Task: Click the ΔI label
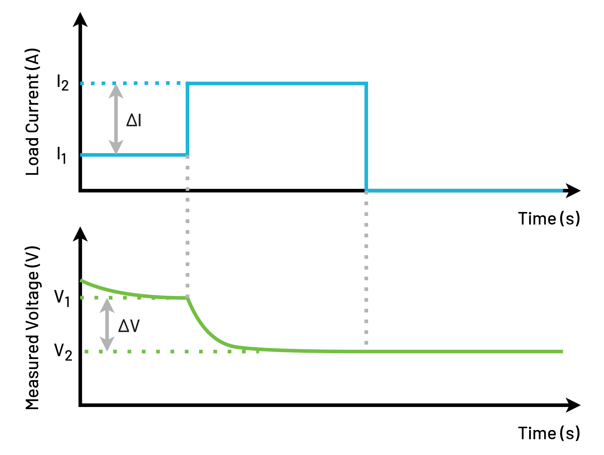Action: [133, 121]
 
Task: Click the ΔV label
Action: [129, 326]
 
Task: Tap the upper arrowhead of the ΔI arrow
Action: [116, 91]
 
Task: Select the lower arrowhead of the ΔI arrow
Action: [116, 147]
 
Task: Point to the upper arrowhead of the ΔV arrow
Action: [107, 306]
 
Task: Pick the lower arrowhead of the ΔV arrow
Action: [107, 344]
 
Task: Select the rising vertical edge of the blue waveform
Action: [188, 119]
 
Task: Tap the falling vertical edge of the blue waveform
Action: [366, 137]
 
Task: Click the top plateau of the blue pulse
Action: [277, 84]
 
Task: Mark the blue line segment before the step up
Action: [134, 155]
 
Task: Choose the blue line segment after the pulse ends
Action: [465, 191]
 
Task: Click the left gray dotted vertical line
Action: [187, 226]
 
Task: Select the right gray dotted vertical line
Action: [366, 268]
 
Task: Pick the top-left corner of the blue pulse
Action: [188, 84]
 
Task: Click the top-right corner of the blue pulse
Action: [366, 84]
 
